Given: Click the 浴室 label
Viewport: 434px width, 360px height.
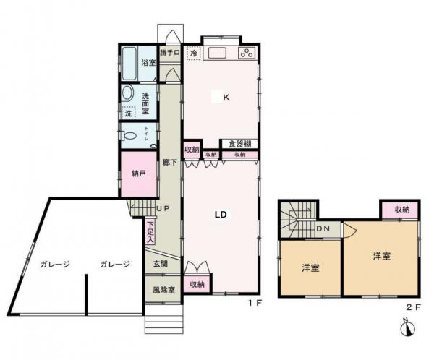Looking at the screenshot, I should click(x=148, y=63).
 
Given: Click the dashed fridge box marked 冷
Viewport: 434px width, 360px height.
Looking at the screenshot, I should click(x=193, y=53).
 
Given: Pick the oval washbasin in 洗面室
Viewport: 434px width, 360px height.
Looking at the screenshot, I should click(x=127, y=93).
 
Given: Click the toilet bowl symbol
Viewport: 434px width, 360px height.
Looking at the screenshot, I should click(x=130, y=135).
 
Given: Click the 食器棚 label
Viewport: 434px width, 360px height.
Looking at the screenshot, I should click(x=239, y=143).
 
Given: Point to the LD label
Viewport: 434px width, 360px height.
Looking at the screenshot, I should click(x=222, y=214).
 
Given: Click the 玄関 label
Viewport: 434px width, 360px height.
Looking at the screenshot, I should click(x=160, y=265).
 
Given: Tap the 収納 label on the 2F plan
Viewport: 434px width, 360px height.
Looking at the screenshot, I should click(x=401, y=209).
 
